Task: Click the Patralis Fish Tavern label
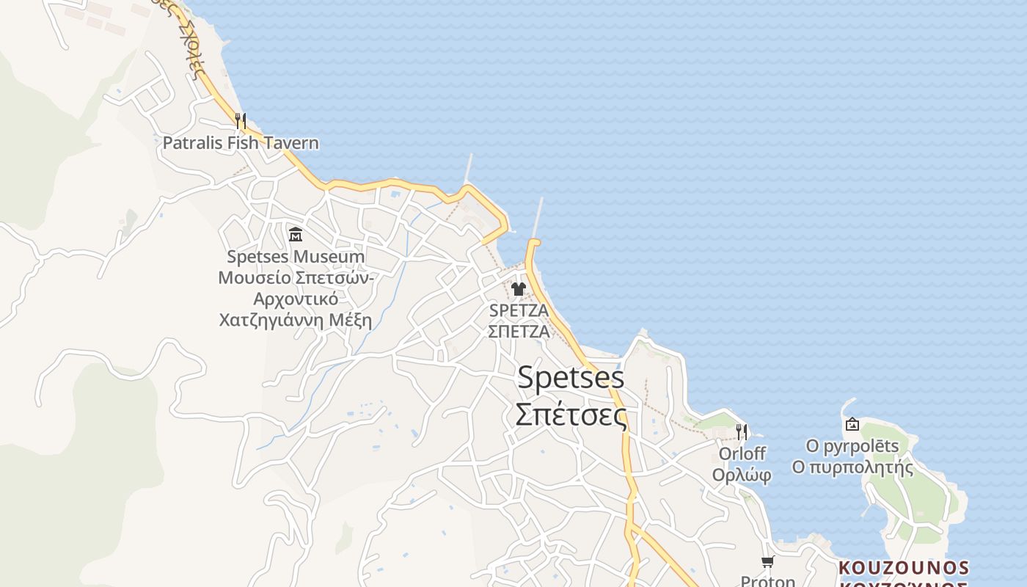point(241,142)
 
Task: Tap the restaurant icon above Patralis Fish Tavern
point(240,120)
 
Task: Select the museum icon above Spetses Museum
point(296,235)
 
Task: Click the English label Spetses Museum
point(296,257)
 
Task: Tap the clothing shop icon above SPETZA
point(519,289)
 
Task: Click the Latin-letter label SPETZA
point(519,310)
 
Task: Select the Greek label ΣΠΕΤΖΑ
point(519,331)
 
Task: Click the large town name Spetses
point(571,378)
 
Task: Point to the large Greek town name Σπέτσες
point(571,415)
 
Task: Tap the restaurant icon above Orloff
point(742,431)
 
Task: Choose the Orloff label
point(742,453)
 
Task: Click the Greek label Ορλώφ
point(742,475)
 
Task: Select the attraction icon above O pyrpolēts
point(852,424)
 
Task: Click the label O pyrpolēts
point(852,446)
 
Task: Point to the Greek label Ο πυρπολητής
point(852,467)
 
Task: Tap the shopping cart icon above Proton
point(767,562)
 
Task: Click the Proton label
point(767,581)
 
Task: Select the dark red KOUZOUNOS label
point(904,568)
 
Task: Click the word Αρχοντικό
point(296,299)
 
